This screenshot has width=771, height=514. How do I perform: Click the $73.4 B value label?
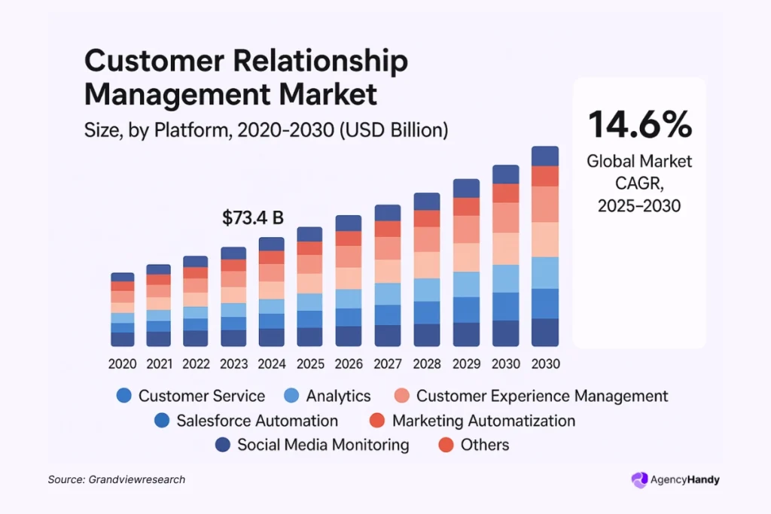click(x=253, y=218)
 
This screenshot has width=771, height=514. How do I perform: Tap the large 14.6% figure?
click(x=639, y=124)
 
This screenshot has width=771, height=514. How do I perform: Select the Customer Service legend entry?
click(x=191, y=396)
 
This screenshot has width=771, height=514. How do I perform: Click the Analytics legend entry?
click(x=328, y=396)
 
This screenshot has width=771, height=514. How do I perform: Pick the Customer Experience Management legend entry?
click(x=532, y=396)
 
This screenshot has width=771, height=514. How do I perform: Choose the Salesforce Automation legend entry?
click(x=246, y=421)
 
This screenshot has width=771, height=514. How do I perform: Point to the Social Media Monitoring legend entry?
click(x=312, y=445)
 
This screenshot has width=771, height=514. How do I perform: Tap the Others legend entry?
click(x=474, y=445)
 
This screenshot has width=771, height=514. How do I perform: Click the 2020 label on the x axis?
click(x=123, y=364)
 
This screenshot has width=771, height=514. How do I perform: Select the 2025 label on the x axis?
click(x=310, y=364)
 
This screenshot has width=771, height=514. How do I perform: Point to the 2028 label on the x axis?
click(x=427, y=364)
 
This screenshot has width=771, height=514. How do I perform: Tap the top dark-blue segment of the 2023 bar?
click(x=233, y=253)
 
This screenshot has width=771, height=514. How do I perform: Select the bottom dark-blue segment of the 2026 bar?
click(x=349, y=336)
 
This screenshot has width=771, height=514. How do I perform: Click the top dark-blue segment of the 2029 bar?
click(x=466, y=188)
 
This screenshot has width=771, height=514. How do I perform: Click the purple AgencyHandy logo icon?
click(x=639, y=479)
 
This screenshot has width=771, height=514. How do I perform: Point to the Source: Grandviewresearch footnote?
click(x=116, y=479)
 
